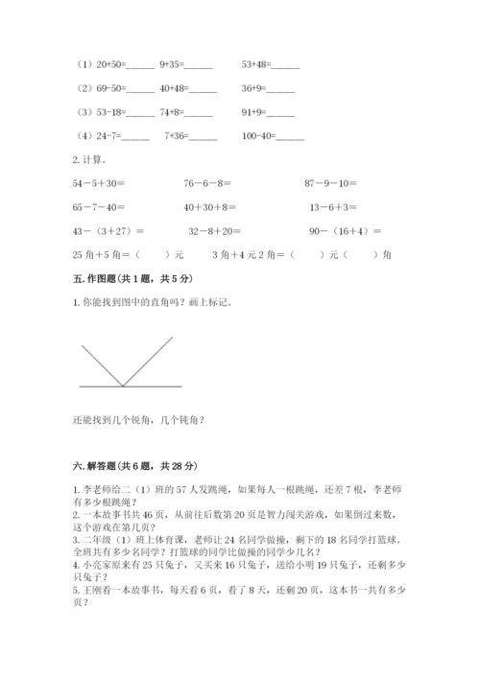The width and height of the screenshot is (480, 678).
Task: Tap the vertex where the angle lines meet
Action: pyautogui.click(x=123, y=386)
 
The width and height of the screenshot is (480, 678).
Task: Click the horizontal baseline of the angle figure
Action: pyautogui.click(x=154, y=386)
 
